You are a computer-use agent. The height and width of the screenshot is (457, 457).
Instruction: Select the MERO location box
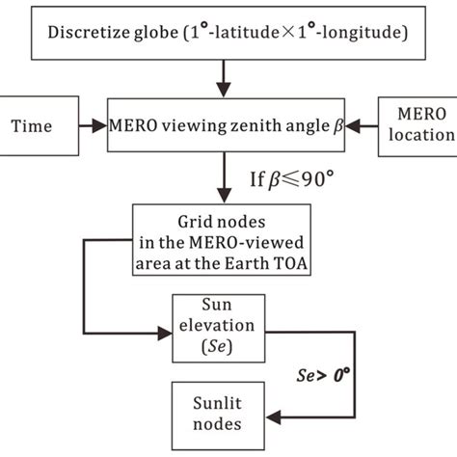(x=418, y=126)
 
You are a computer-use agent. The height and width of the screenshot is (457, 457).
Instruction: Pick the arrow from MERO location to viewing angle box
(x=361, y=126)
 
